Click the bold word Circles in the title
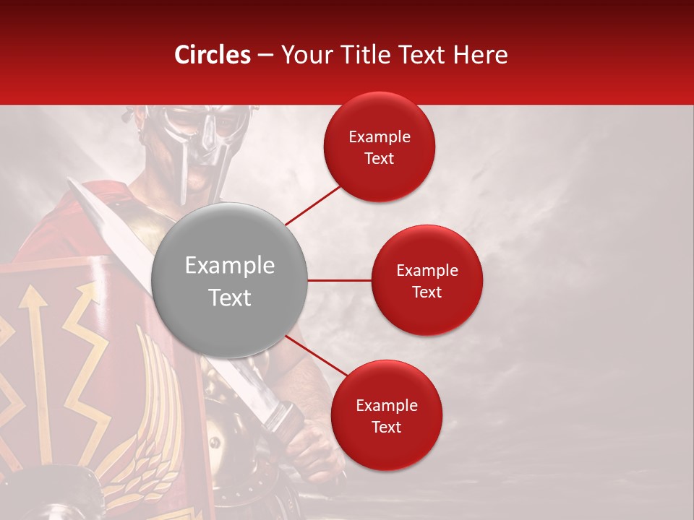click(213, 55)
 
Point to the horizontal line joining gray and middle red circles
click(339, 279)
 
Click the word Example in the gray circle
click(229, 266)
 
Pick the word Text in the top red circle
click(379, 158)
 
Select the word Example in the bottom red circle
click(386, 406)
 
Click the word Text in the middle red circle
click(427, 292)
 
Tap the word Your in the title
click(304, 55)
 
